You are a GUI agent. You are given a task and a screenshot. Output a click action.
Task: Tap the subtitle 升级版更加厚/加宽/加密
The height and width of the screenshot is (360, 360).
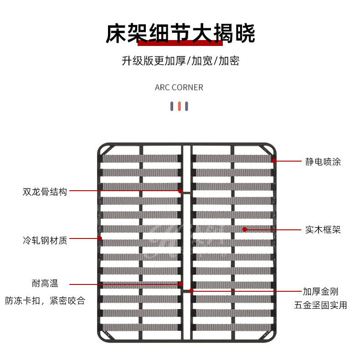(x=180, y=61)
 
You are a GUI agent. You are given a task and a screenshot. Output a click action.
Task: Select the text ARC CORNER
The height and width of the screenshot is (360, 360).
(x=179, y=87)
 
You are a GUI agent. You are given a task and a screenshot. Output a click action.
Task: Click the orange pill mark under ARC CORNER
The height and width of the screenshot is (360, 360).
(x=180, y=106)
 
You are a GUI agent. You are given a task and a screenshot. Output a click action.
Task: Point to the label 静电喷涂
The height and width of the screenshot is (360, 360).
(x=323, y=162)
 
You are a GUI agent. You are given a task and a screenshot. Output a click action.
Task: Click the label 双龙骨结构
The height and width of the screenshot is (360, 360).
(x=45, y=192)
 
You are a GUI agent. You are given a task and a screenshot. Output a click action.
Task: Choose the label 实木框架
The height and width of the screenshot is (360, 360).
(x=323, y=230)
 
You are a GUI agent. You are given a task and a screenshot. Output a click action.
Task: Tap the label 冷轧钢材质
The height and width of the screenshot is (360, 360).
(x=45, y=240)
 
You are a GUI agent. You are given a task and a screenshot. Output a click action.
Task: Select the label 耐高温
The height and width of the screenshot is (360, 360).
(x=45, y=284)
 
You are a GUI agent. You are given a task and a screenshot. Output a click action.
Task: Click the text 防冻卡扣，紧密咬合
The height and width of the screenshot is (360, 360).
(x=45, y=301)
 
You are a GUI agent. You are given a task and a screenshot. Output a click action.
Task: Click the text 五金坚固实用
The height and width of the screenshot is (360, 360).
(x=320, y=305)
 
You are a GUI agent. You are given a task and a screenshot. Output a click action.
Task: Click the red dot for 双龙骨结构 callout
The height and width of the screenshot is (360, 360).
(x=180, y=191)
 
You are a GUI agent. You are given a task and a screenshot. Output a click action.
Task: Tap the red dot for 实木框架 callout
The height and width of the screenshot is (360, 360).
(x=245, y=229)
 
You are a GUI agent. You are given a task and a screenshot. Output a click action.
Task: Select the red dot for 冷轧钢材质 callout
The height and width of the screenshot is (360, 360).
(x=99, y=238)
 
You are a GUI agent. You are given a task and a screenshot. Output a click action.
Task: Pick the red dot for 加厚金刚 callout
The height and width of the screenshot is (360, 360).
(x=191, y=290)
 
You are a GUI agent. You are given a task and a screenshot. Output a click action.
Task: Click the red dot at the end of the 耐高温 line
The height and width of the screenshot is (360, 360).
(x=180, y=284)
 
